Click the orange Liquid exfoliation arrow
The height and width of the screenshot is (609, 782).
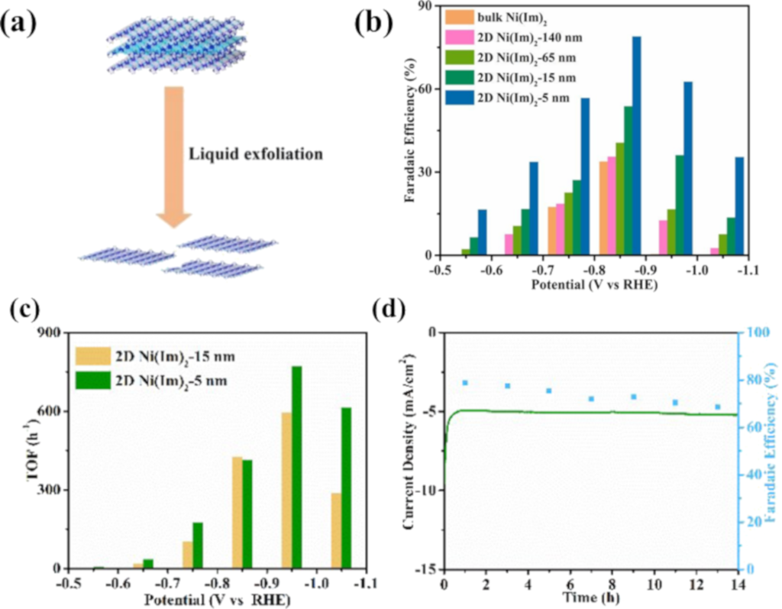click(x=175, y=153)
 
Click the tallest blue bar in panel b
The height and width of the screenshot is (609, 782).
click(x=636, y=145)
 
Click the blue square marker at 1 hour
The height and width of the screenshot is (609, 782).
click(x=464, y=383)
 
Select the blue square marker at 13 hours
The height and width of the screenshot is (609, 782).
click(x=717, y=407)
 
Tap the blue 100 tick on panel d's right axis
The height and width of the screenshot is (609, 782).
click(x=756, y=332)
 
